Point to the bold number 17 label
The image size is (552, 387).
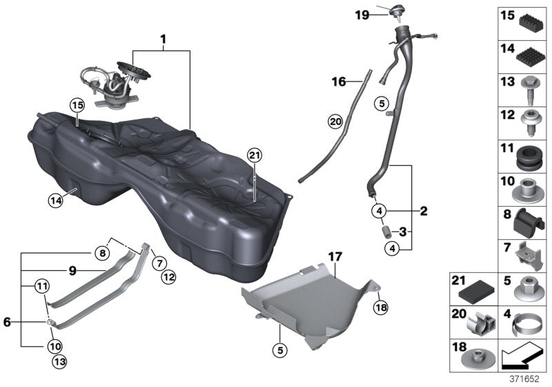pos(335,257)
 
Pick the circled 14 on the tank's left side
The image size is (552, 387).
pos(55,200)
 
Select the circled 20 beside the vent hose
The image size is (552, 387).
pos(335,122)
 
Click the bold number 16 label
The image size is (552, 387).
pos(338,82)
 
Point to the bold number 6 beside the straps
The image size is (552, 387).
pos(7,322)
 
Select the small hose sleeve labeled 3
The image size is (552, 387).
pos(386,230)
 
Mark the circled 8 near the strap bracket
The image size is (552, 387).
pos(103,252)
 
